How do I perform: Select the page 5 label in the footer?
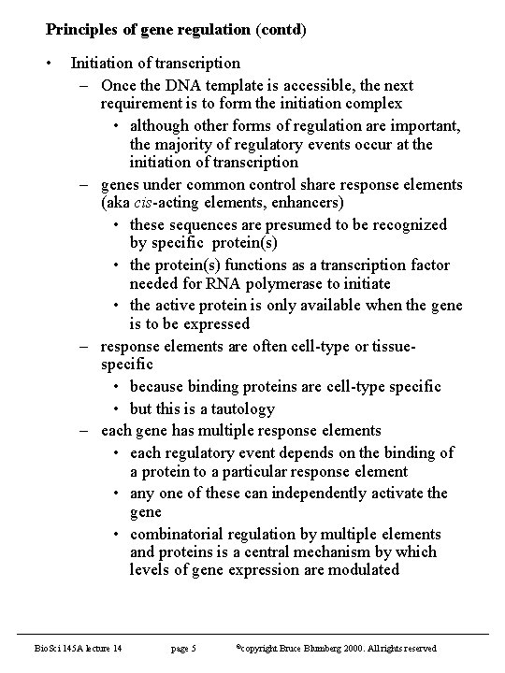pos(183,648)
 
